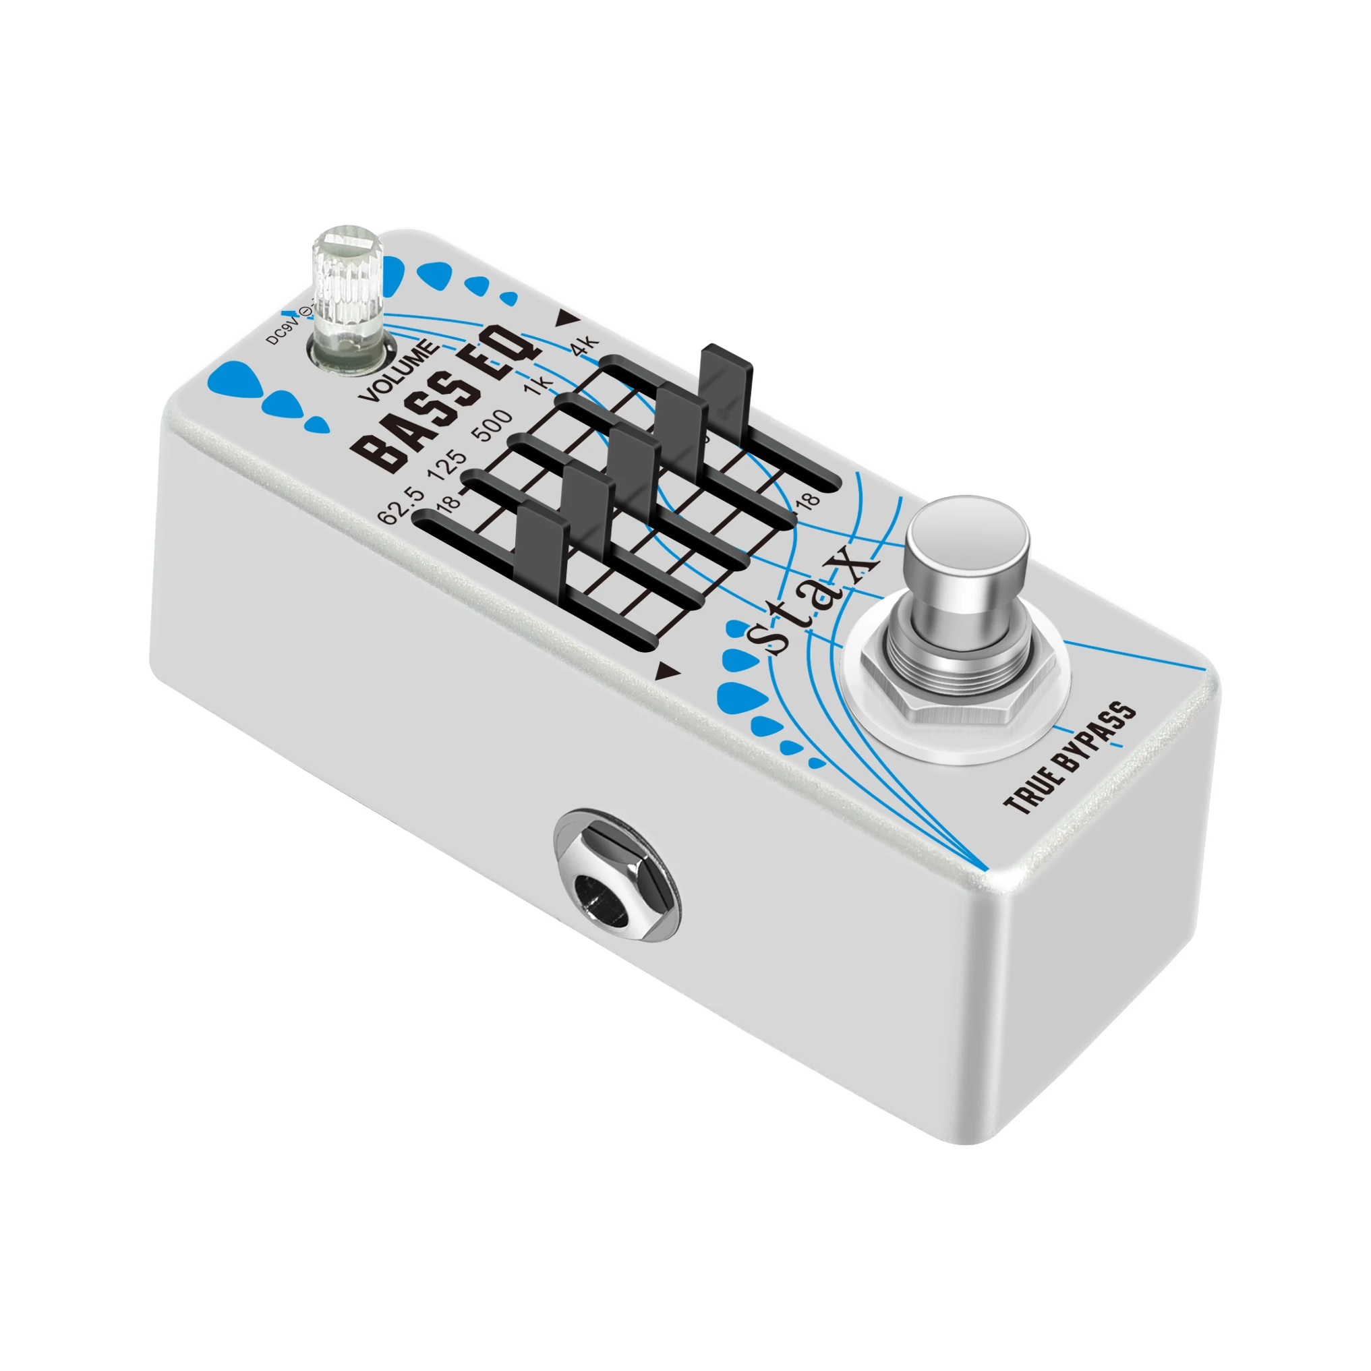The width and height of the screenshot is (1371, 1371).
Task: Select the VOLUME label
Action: [x=399, y=370]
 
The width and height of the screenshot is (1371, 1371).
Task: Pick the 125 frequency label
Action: [x=448, y=465]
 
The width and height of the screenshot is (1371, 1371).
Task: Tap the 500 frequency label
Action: [x=494, y=424]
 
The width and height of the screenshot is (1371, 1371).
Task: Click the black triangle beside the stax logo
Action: [x=667, y=670]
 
